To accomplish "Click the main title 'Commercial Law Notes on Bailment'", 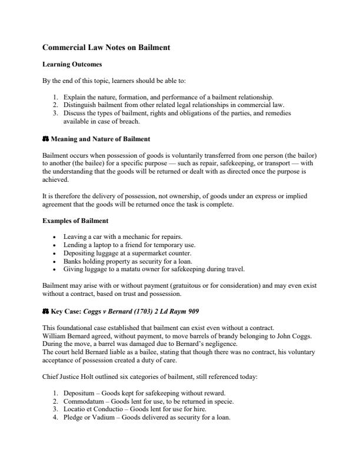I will (106, 47).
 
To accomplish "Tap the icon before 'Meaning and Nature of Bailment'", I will (46, 139).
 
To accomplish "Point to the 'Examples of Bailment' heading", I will (75, 221).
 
